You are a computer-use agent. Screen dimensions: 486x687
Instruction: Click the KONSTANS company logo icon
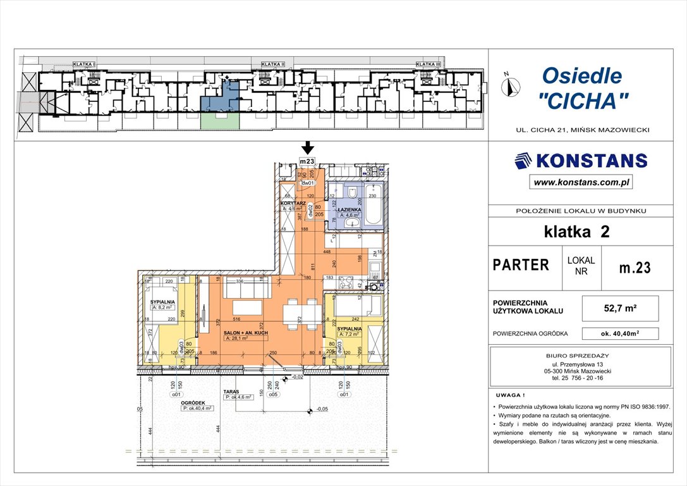tap(524, 161)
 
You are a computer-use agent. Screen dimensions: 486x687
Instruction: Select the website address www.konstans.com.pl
tap(581, 182)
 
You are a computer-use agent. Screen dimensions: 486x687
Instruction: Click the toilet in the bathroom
tap(352, 191)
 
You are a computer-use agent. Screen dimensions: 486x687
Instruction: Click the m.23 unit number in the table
tap(635, 267)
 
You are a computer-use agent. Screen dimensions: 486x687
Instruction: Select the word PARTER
tap(521, 265)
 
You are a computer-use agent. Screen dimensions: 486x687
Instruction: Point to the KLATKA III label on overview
tap(428, 65)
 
